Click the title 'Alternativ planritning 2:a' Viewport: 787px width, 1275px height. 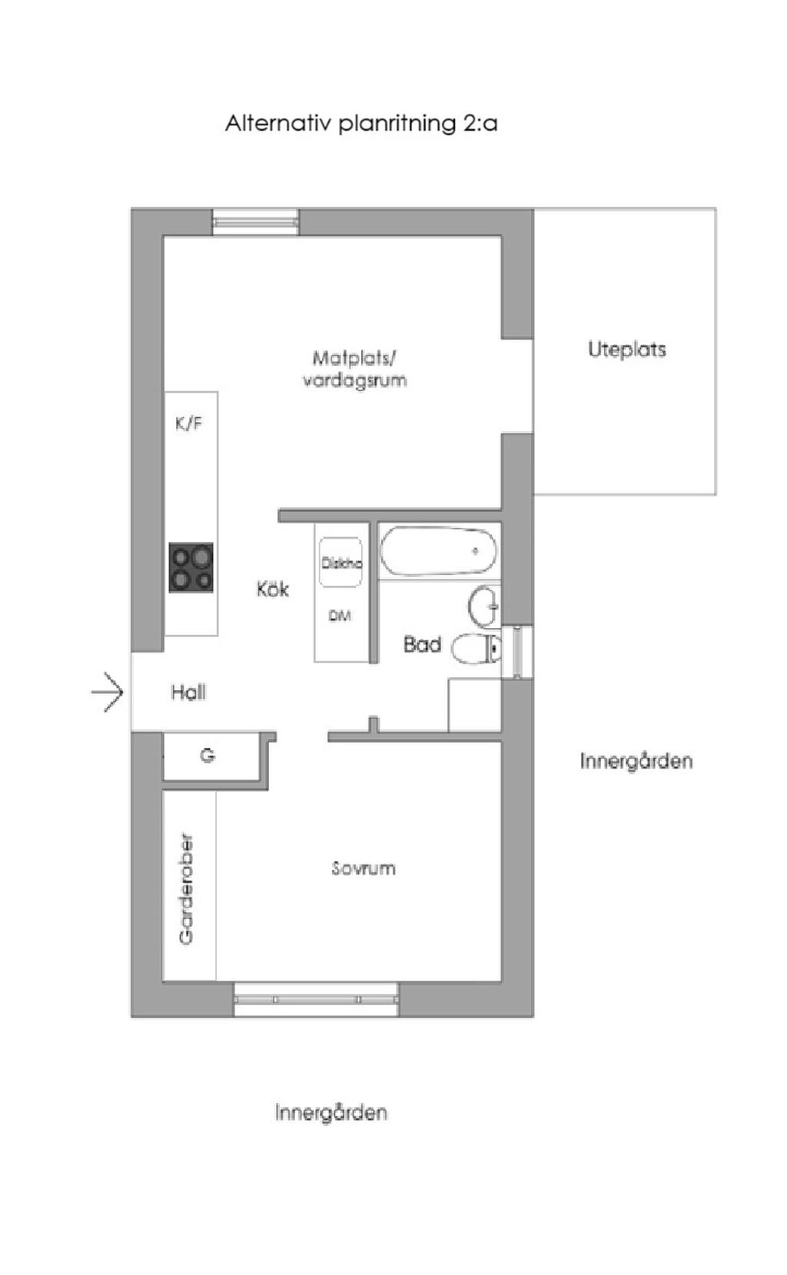(361, 123)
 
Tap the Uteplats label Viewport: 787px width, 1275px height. (626, 350)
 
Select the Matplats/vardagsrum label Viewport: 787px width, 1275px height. (354, 369)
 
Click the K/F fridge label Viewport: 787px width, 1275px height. (189, 423)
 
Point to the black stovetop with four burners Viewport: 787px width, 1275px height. (191, 568)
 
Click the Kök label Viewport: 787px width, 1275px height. (273, 589)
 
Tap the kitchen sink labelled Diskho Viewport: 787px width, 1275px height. (340, 563)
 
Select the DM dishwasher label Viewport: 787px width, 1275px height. (340, 616)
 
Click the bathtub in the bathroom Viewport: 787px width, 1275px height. (438, 551)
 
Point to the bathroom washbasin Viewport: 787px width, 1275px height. (485, 606)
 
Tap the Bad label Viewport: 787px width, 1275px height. (422, 644)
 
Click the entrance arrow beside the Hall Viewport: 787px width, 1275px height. (108, 692)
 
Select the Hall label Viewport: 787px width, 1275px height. (188, 692)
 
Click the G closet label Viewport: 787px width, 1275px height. (208, 756)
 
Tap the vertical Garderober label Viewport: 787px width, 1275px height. (186, 888)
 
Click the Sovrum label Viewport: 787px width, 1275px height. (364, 868)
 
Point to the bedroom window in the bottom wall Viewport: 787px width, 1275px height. (316, 999)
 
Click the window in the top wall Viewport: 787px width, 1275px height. (256, 222)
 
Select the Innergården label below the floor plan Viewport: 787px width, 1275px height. (330, 1112)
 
